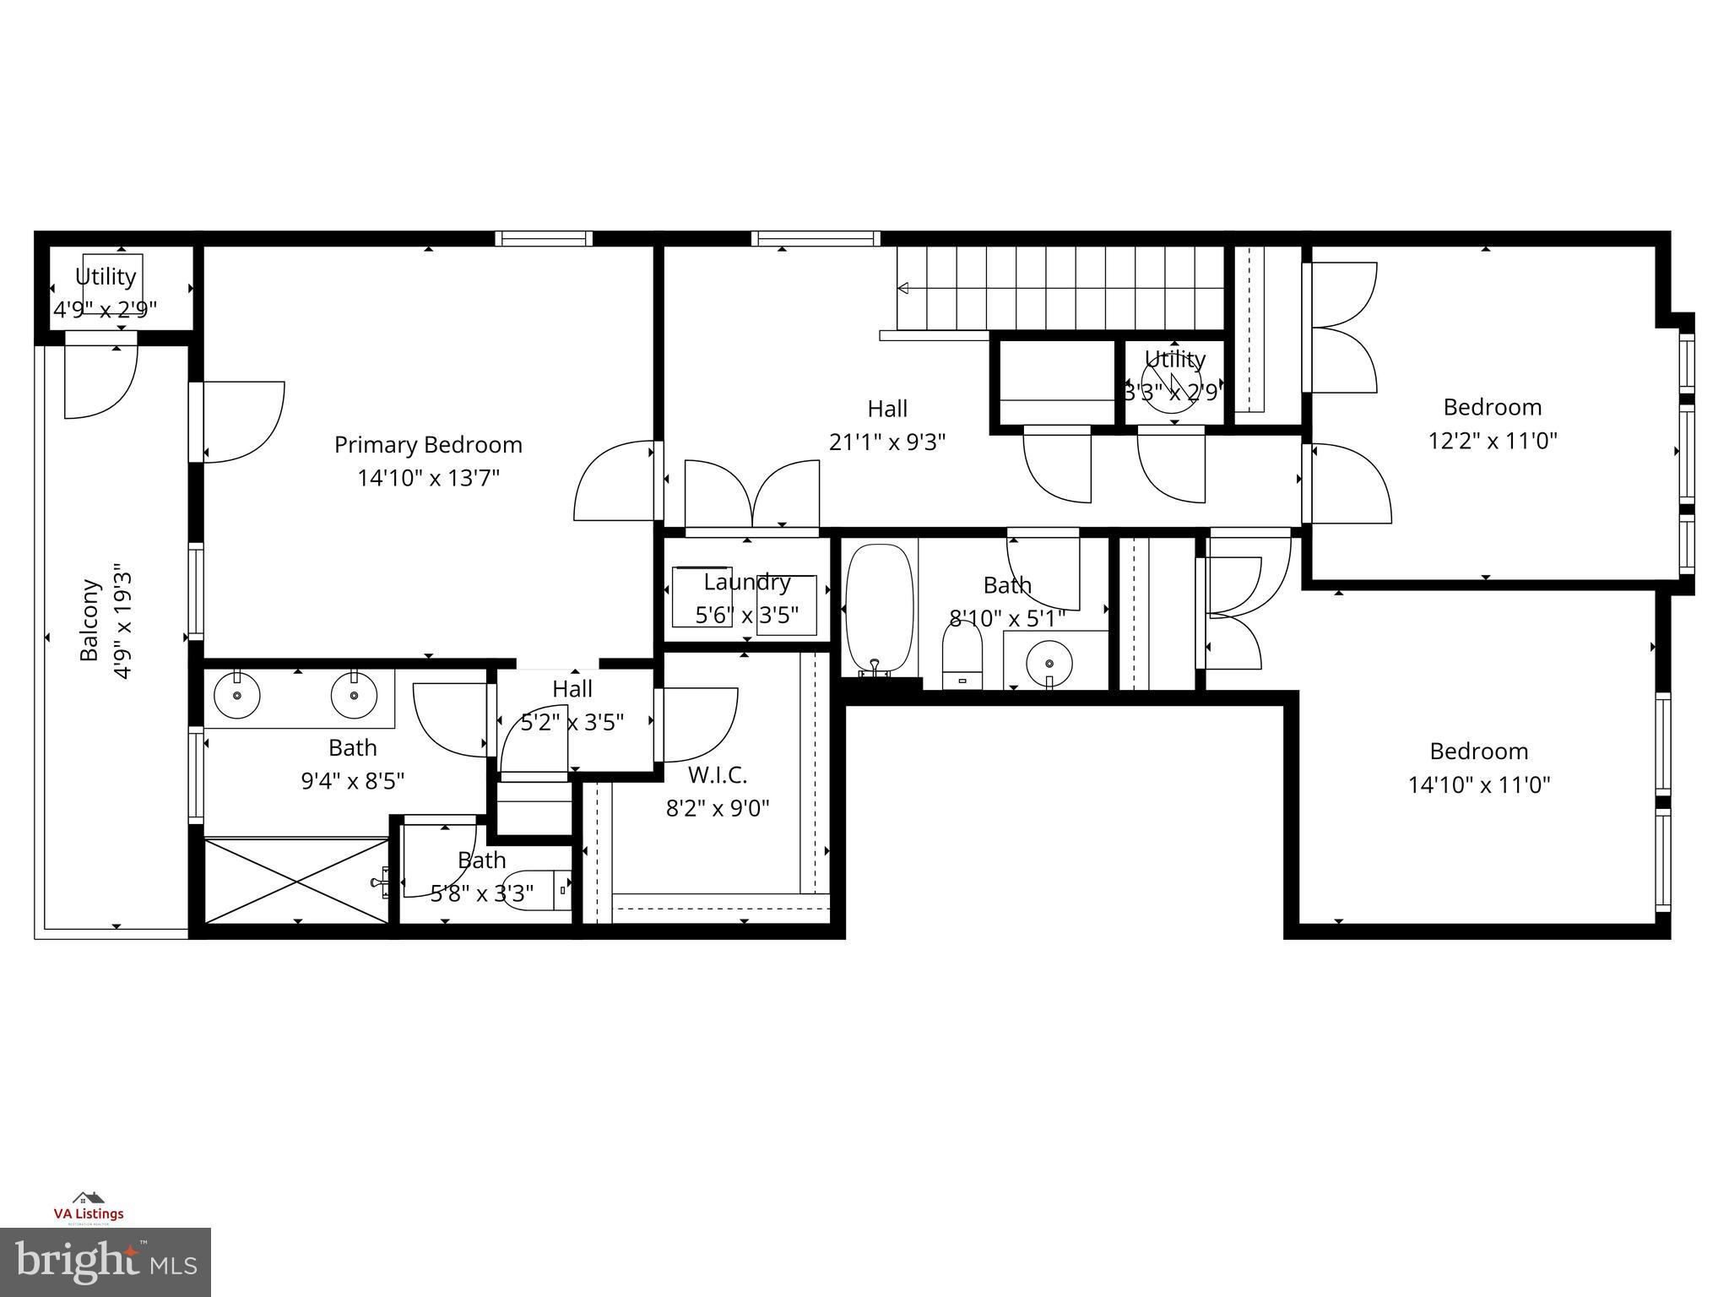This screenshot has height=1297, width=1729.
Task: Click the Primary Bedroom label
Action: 428,445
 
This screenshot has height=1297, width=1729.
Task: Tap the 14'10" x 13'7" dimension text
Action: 428,479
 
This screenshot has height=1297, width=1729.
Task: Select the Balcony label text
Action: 89,620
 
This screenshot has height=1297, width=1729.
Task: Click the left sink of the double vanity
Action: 237,695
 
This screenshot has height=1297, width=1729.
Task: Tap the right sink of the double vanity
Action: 354,695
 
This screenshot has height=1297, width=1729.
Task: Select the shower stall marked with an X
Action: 296,880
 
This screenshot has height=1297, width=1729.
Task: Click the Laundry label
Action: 746,583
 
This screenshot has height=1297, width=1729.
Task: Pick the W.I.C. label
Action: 718,774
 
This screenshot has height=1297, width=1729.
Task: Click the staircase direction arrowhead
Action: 902,289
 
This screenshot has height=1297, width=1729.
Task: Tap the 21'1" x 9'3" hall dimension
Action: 887,442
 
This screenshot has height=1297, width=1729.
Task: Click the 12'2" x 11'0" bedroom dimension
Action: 1492,441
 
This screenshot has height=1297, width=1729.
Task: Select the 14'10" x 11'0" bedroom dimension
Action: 1479,785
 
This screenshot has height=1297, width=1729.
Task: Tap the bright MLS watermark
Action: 106,1262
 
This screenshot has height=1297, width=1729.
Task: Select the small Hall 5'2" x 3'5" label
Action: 572,706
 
